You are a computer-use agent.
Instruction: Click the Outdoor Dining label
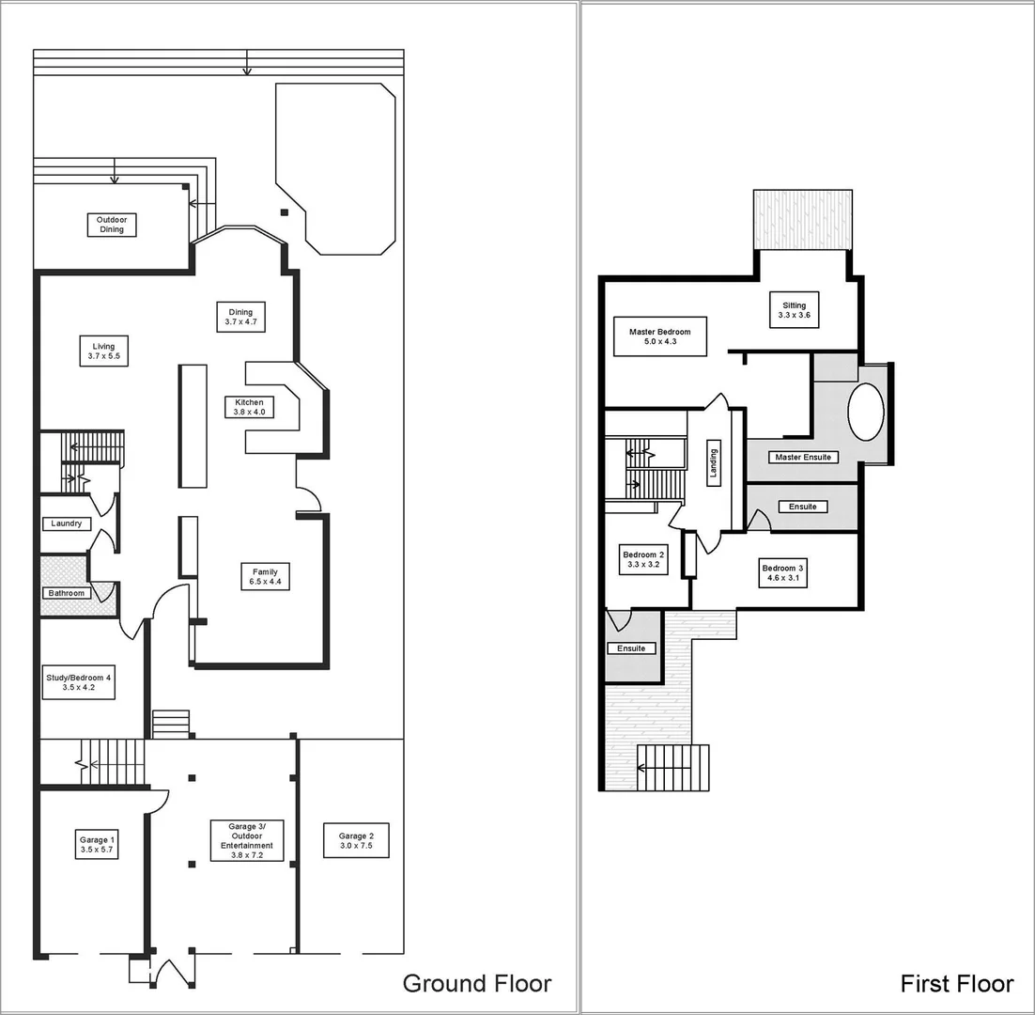pyautogui.click(x=112, y=225)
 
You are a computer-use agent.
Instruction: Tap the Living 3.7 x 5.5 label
pyautogui.click(x=103, y=351)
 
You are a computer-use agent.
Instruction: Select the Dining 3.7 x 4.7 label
pyautogui.click(x=240, y=317)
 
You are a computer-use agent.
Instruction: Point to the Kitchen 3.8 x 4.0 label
pyautogui.click(x=249, y=407)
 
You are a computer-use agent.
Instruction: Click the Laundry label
pyautogui.click(x=66, y=523)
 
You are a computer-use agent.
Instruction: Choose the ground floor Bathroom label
pyautogui.click(x=67, y=593)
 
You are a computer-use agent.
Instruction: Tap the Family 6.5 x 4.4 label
pyautogui.click(x=265, y=577)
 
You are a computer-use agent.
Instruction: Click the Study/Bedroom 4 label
pyautogui.click(x=79, y=682)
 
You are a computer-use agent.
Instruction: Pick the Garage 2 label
pyautogui.click(x=356, y=840)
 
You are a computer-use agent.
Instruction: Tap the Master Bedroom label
pyautogui.click(x=659, y=336)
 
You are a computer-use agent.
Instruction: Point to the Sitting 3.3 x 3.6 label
pyautogui.click(x=794, y=311)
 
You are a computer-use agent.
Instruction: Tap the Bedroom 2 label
pyautogui.click(x=643, y=560)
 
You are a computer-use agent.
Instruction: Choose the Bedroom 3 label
pyautogui.click(x=782, y=573)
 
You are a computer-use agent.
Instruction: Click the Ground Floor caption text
pyautogui.click(x=476, y=983)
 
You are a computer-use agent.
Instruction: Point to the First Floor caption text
pyautogui.click(x=956, y=983)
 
